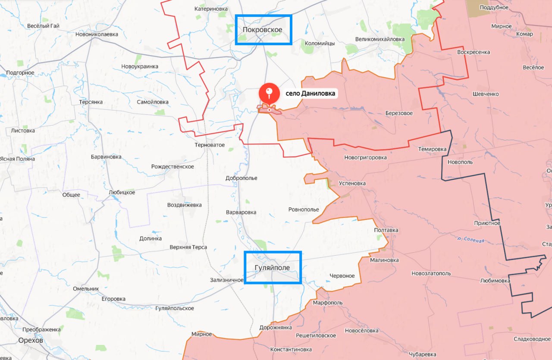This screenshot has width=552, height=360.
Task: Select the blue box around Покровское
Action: tap(263, 30)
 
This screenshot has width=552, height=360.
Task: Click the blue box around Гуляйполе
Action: tap(273, 267)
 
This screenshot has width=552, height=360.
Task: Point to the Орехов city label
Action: tap(31, 340)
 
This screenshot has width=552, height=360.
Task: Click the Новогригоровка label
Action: tap(365, 157)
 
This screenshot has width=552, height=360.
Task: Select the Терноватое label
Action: tap(210, 145)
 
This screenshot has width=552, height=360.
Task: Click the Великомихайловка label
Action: tap(379, 39)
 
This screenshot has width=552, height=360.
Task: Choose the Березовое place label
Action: tap(399, 113)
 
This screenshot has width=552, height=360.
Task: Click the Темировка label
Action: tap(432, 149)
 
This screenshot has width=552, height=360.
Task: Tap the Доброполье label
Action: tap(241, 178)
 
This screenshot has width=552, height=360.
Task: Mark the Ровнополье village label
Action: tap(304, 210)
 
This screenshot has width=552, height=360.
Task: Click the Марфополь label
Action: tap(328, 303)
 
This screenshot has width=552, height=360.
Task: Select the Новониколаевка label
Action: tap(96, 34)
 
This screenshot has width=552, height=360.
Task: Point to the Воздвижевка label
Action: tap(184, 205)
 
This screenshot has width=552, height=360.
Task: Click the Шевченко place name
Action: tap(486, 94)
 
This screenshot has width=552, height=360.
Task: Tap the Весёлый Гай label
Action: tap(43, 26)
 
